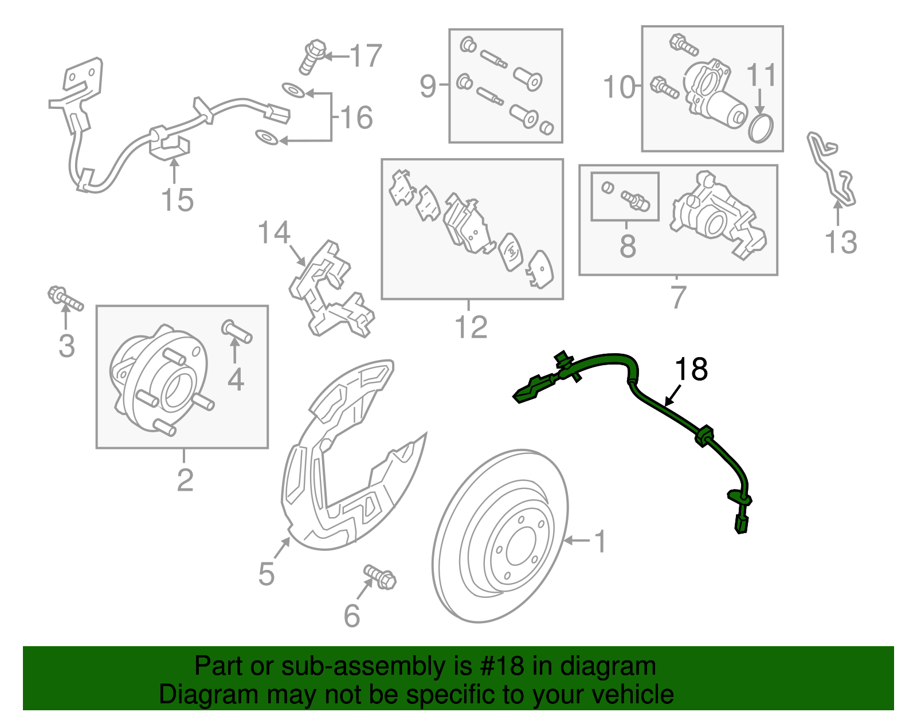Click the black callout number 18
pos(691,370)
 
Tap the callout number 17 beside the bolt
pos(366,56)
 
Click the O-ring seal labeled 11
pos(761,128)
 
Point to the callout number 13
pos(840,242)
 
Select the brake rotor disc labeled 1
pos(500,536)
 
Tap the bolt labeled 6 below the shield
pos(380,576)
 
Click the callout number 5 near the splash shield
pos(267,573)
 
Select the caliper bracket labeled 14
pos(331,289)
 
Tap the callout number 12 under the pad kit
pos(471,327)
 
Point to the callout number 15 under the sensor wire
pos(177,200)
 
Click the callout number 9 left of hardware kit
pos(428,86)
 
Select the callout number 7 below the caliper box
pos(678,297)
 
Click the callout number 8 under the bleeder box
pos(628,246)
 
